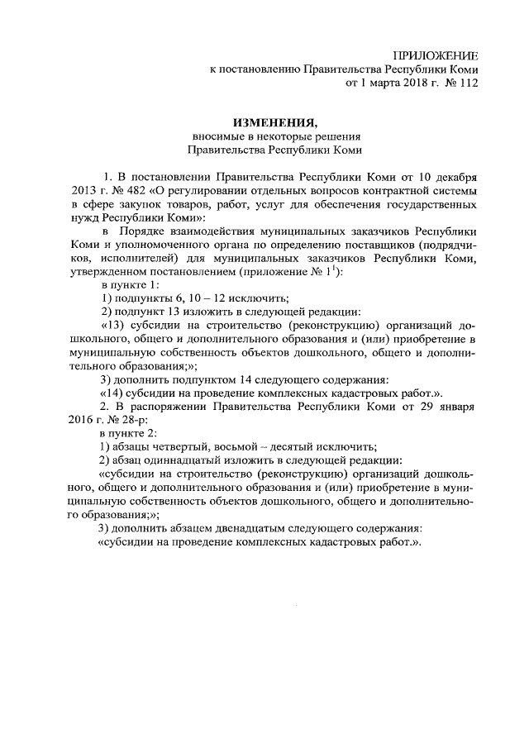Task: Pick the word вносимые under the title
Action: [216, 137]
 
